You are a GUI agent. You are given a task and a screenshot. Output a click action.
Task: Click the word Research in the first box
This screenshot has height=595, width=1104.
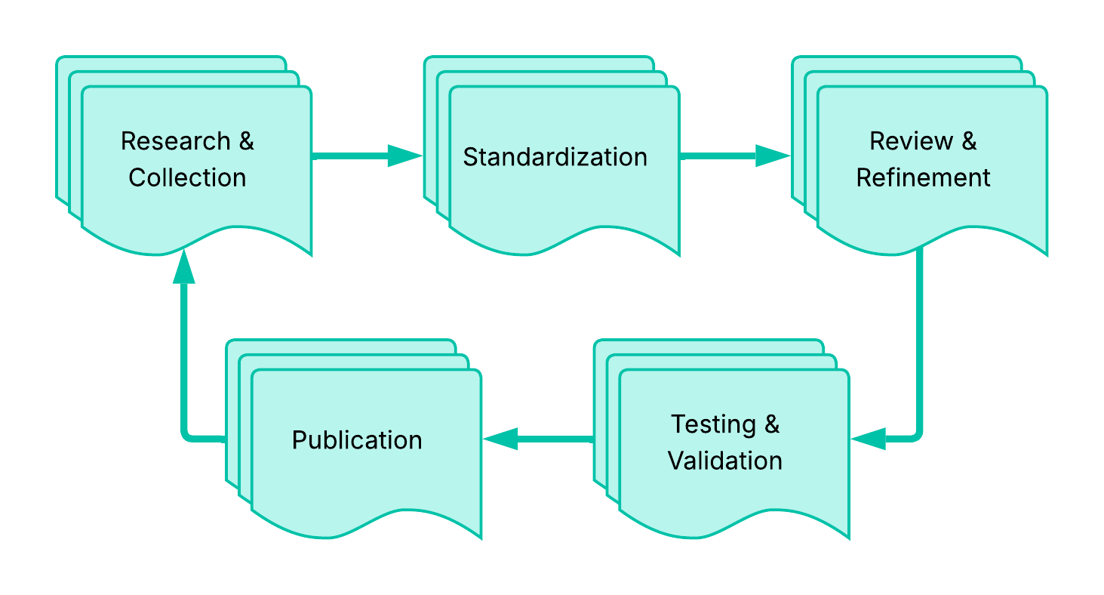coord(176,141)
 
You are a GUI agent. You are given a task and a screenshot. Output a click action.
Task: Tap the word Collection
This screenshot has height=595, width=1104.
coord(187,177)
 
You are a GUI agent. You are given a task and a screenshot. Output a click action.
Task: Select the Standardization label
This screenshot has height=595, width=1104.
coord(555,157)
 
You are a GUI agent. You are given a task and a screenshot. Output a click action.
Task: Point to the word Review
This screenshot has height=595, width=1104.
coord(911,141)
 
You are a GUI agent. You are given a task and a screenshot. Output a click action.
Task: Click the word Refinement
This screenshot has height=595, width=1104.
coord(923,177)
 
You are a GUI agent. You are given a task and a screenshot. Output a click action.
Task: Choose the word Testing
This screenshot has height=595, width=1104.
coord(713,424)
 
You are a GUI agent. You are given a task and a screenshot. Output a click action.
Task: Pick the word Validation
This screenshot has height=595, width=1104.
coord(725,461)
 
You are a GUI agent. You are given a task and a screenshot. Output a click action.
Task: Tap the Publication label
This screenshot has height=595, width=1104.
coord(357,440)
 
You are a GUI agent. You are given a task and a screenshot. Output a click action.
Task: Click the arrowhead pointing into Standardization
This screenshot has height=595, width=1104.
coord(405,156)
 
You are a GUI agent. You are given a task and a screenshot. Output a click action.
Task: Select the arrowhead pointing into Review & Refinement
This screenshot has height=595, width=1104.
coord(773,156)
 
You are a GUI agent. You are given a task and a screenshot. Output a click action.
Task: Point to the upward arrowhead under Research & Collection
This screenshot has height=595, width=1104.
coord(183,268)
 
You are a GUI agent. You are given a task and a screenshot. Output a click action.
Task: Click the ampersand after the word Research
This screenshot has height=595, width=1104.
coord(246,141)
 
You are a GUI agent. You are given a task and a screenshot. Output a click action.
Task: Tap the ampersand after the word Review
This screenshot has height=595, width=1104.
coord(969,141)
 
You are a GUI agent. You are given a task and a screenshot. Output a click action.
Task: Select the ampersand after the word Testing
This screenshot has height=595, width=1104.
coord(771,424)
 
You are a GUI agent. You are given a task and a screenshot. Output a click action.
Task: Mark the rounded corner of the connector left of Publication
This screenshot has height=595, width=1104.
coord(186,435)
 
